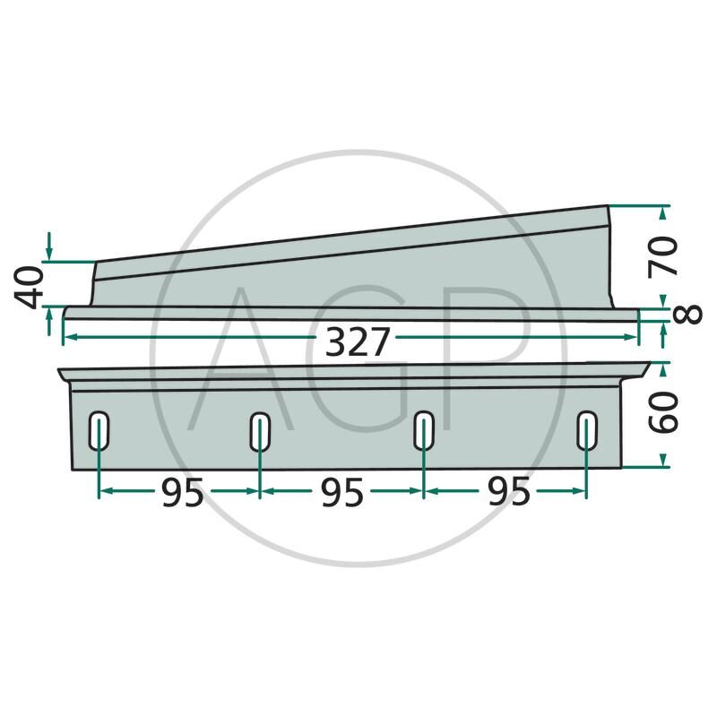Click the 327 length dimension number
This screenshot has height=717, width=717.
pyautogui.click(x=357, y=342)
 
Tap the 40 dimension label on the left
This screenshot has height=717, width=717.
pyautogui.click(x=30, y=288)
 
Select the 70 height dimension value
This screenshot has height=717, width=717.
pyautogui.click(x=662, y=257)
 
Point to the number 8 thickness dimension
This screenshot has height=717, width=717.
pyautogui.click(x=687, y=315)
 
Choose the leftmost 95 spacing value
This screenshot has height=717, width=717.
pyautogui.click(x=183, y=494)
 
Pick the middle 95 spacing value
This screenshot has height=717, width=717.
pyautogui.click(x=342, y=493)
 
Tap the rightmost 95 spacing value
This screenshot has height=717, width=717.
pyautogui.click(x=509, y=492)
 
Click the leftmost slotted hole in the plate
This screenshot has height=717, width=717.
pyautogui.click(x=99, y=431)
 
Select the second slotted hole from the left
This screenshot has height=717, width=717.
pyautogui.click(x=260, y=431)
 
